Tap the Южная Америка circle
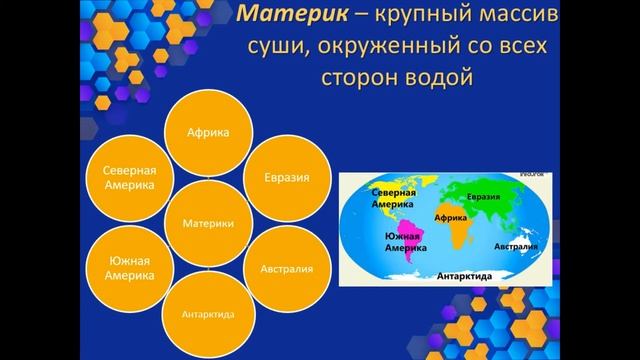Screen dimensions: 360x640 coord(130,268)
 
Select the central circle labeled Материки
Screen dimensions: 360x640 coord(209,223)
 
